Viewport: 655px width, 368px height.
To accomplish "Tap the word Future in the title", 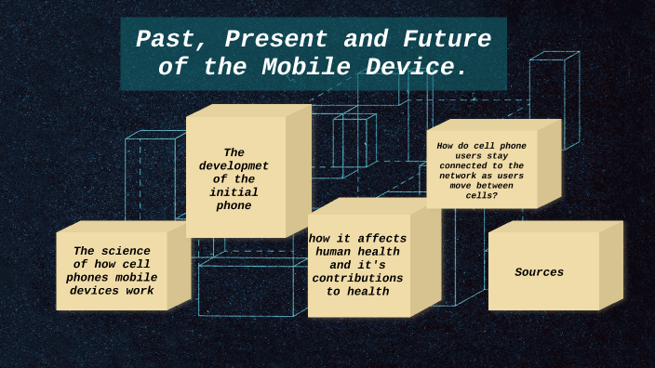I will click(x=447, y=40).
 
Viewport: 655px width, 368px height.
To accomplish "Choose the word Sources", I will click(x=540, y=272).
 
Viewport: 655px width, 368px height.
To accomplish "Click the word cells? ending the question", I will click(x=481, y=195).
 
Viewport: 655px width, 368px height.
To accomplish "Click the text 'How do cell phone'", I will click(x=481, y=145).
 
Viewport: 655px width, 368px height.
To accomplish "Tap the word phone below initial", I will click(x=234, y=205).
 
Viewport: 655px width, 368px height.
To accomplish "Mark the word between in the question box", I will click(x=501, y=185).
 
